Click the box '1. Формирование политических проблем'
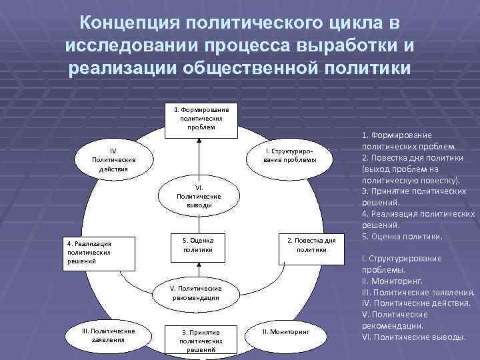(x=201, y=119)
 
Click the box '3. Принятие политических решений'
(x=201, y=339)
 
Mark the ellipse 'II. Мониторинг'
(x=286, y=331)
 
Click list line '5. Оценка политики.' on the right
(x=401, y=236)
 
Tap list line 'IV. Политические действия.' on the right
(x=417, y=303)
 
